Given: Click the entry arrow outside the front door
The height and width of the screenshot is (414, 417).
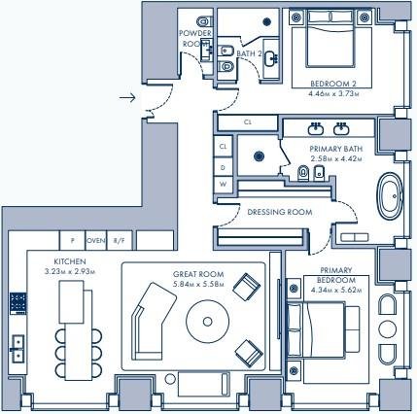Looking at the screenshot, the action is [127, 97].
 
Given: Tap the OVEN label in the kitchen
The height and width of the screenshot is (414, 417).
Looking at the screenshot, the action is [96, 241].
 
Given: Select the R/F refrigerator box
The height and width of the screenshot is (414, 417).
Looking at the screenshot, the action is [120, 240].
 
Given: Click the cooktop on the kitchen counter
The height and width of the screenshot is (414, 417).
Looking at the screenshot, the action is [18, 303].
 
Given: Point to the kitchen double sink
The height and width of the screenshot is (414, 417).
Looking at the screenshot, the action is [17, 349].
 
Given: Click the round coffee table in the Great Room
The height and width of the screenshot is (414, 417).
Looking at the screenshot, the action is [207, 322].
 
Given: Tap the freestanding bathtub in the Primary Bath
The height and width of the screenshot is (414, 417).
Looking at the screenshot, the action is [390, 196].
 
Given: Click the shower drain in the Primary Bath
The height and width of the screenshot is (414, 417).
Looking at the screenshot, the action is [259, 156].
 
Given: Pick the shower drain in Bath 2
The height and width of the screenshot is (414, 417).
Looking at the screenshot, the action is [267, 21].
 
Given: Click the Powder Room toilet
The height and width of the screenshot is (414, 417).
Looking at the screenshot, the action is [204, 21].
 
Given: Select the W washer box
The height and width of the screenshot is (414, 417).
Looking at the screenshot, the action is [224, 185].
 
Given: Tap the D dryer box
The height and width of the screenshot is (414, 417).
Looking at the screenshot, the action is [224, 167].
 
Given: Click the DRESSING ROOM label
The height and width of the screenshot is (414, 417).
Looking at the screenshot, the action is [280, 212].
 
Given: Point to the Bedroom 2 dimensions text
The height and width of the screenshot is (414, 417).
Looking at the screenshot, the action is [333, 94].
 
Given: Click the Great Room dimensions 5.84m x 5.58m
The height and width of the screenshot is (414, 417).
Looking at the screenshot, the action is [198, 285].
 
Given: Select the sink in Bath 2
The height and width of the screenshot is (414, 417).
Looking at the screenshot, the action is [271, 58].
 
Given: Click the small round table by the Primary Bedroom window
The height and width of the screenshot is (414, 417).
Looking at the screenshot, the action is [387, 329].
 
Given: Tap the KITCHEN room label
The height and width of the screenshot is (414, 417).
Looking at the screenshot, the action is [70, 261].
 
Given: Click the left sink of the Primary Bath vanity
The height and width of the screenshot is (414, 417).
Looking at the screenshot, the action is [316, 128].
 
